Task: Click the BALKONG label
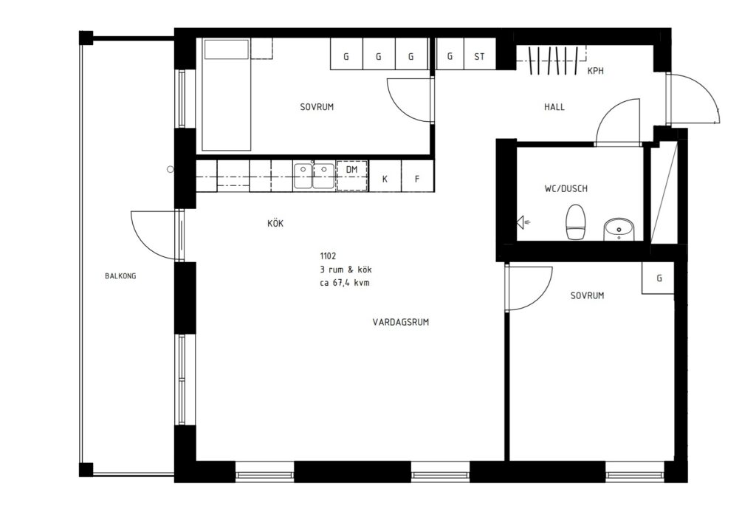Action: coord(120,276)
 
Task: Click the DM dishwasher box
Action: coord(352,176)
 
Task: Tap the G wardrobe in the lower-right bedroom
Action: coord(659,278)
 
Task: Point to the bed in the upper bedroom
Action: coord(227,95)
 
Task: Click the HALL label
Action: coord(554,107)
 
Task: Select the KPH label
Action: coord(596,71)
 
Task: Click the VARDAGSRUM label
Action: coord(401,322)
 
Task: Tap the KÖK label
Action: coord(275,223)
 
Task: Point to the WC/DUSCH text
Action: coord(566,188)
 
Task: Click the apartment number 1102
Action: coord(328,256)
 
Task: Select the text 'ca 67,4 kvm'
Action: coord(344,283)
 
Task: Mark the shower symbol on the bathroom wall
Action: coord(522,222)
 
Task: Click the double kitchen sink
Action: coord(313,176)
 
